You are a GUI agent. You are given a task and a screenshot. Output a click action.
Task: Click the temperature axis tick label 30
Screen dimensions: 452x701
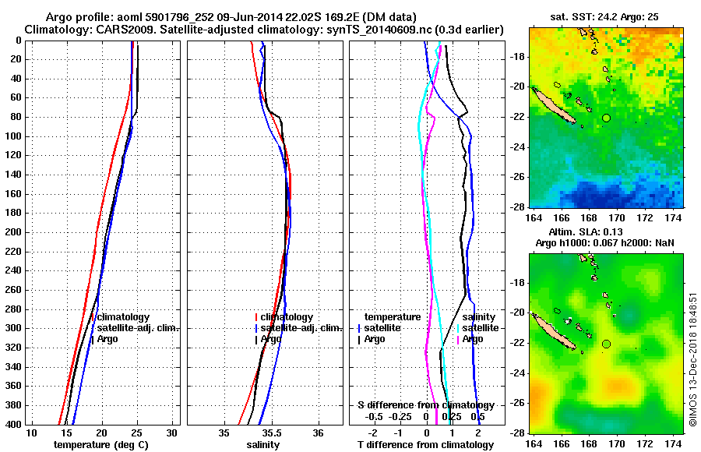tap(172, 433)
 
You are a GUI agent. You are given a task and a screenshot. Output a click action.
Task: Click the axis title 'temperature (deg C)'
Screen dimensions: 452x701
tap(101, 445)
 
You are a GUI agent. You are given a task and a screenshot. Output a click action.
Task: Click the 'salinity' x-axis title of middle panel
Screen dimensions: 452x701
tap(265, 445)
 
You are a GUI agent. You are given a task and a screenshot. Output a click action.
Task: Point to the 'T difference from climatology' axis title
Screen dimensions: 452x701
tap(425, 445)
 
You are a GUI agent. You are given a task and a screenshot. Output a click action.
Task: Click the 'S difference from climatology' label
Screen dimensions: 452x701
tap(425, 405)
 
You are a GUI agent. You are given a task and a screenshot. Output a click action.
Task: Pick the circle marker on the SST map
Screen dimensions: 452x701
tap(606, 118)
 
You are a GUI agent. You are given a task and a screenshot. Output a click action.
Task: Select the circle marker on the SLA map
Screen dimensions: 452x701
tap(606, 344)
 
